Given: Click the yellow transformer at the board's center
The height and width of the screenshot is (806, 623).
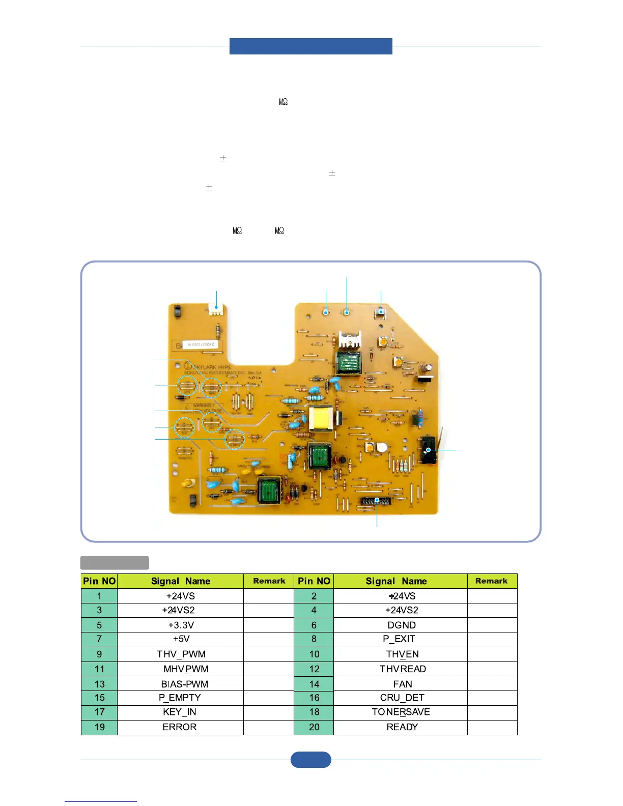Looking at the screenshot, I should (x=321, y=419).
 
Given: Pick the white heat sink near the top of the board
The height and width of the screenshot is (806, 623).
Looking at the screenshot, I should (x=350, y=340).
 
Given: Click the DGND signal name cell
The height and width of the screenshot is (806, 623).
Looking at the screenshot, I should (x=401, y=625).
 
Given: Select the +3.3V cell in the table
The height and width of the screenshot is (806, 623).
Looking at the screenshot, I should (x=181, y=625).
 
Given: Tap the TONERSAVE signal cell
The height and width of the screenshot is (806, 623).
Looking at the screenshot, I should (x=401, y=712).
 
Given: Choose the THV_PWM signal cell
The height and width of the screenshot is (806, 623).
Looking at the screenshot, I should (x=181, y=654).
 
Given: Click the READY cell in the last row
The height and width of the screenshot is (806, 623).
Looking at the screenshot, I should (x=401, y=727).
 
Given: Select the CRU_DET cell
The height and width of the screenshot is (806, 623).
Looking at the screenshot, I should (x=401, y=698).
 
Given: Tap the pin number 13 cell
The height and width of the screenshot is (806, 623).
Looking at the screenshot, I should (x=99, y=684).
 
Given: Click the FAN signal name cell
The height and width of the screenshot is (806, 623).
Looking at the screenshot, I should (x=401, y=684).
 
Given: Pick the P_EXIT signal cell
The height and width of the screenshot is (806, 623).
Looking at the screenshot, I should (x=401, y=639).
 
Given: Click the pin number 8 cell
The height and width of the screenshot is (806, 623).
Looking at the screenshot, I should (x=314, y=639).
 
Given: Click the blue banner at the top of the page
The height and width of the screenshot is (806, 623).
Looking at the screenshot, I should (x=310, y=46).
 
